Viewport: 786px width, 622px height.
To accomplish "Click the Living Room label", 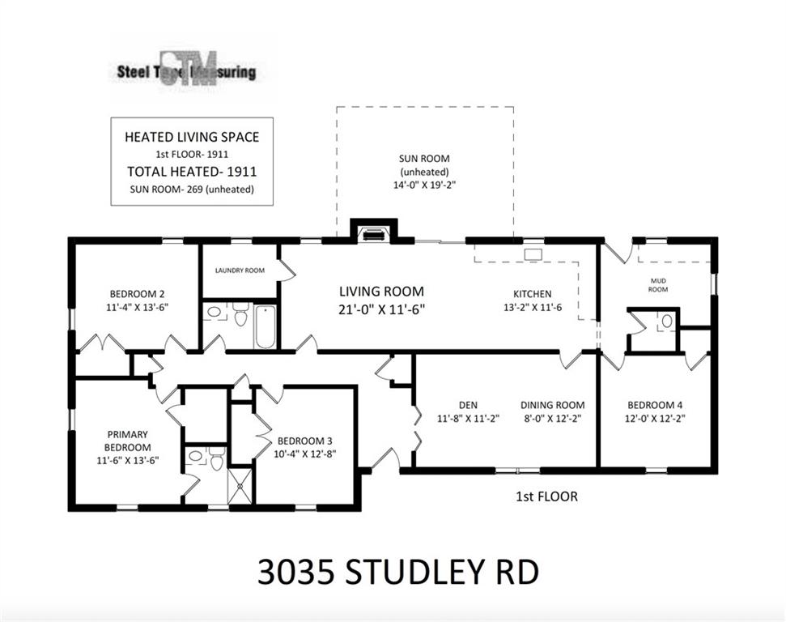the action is click(x=381, y=291).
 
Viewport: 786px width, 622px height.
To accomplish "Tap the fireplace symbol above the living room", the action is click(x=373, y=234).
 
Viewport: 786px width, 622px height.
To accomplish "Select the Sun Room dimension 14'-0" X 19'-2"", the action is click(x=424, y=185).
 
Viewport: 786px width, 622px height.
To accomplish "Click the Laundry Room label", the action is click(x=240, y=271).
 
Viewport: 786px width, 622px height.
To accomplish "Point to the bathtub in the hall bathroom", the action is click(x=265, y=326).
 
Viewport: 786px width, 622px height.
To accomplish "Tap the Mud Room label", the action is click(x=658, y=285).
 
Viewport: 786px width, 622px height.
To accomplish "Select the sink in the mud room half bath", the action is click(x=667, y=321).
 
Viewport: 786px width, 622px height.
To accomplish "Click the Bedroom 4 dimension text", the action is click(x=655, y=419).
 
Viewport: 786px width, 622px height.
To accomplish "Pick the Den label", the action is click(x=468, y=405).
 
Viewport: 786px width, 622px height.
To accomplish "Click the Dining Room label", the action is click(x=552, y=405).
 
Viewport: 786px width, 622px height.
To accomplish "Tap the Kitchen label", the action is click(x=533, y=294).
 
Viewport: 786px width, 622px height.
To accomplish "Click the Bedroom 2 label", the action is click(x=137, y=294).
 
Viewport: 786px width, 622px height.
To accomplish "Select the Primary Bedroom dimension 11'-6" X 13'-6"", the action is click(x=128, y=460).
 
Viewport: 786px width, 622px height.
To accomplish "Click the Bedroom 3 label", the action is click(x=305, y=441).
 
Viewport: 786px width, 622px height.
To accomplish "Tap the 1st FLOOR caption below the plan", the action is click(x=547, y=496).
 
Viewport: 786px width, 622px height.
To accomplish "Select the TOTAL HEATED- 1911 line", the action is click(x=192, y=172).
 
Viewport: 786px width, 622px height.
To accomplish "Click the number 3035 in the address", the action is click(x=295, y=572).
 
